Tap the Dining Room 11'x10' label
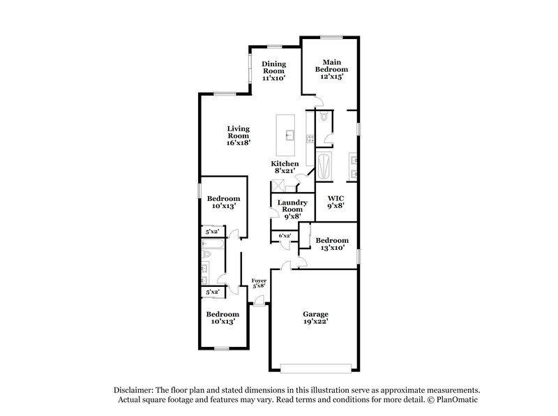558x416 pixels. point(274,71)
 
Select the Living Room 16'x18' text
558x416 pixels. point(238,135)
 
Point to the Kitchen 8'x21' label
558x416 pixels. point(285,167)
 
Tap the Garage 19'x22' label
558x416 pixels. point(315,318)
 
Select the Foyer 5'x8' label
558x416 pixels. point(259,283)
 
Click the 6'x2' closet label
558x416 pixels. point(285,236)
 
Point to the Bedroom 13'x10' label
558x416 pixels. point(333,244)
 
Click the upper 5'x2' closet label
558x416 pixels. point(211,232)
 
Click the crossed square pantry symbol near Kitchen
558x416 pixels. point(278,185)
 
